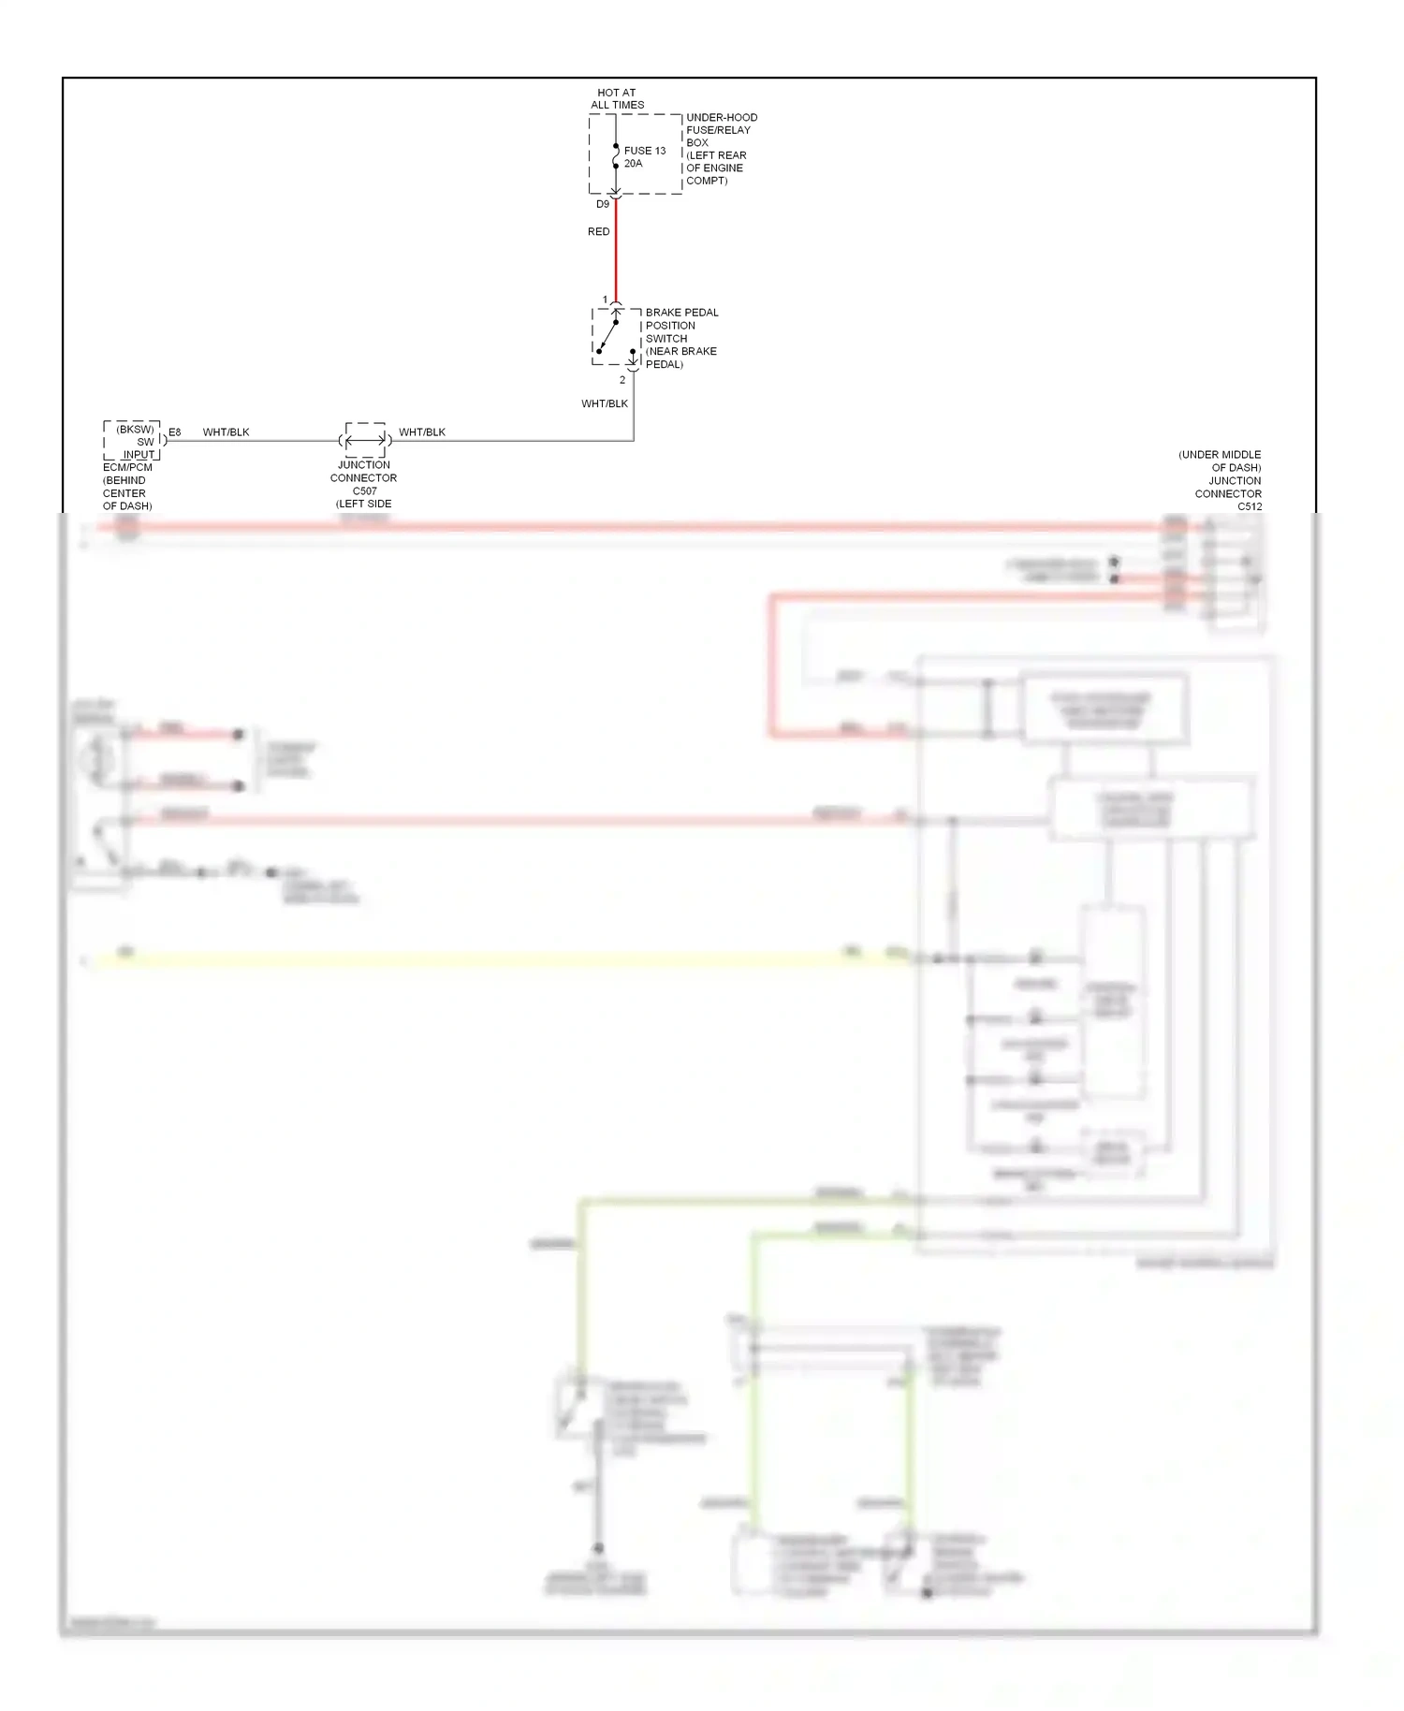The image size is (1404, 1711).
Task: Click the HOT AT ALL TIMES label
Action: coord(617,99)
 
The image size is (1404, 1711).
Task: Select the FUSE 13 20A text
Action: coord(644,157)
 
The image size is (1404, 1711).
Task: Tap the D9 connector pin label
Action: coord(603,204)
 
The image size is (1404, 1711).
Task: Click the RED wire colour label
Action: coord(598,231)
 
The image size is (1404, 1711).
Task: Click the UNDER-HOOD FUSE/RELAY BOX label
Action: coord(721,149)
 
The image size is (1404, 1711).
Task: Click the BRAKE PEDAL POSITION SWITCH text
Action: coord(681,338)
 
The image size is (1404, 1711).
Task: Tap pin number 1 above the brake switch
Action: coord(605,300)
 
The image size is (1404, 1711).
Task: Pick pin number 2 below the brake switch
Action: coord(622,380)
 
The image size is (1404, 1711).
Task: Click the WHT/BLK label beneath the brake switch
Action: coord(605,403)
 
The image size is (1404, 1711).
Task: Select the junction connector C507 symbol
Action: coord(364,440)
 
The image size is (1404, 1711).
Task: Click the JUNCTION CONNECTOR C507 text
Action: coord(363,484)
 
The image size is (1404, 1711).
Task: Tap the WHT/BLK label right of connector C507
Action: coord(422,431)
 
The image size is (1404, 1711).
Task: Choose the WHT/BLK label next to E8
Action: coord(226,431)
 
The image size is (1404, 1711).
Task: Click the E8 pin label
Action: coord(175,431)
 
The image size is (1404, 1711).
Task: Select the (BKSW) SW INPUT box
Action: coord(133,441)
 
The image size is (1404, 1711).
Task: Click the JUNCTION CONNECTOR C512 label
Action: coord(1226,481)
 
